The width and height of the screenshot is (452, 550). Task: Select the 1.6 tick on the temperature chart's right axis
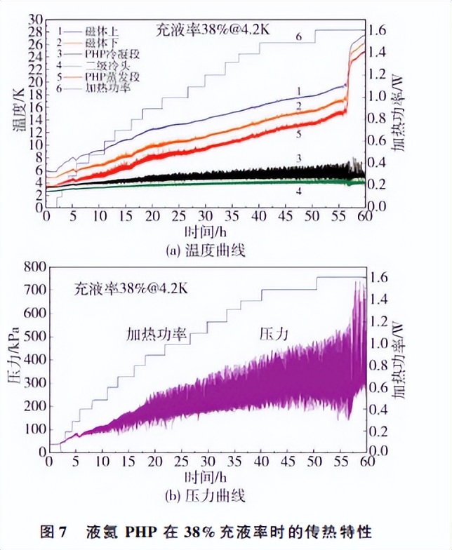[383, 30]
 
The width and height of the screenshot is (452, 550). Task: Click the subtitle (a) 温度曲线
[204, 250]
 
